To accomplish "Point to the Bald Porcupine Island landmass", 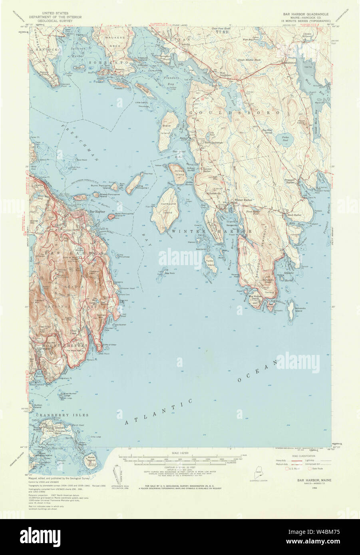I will coord(111,216).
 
